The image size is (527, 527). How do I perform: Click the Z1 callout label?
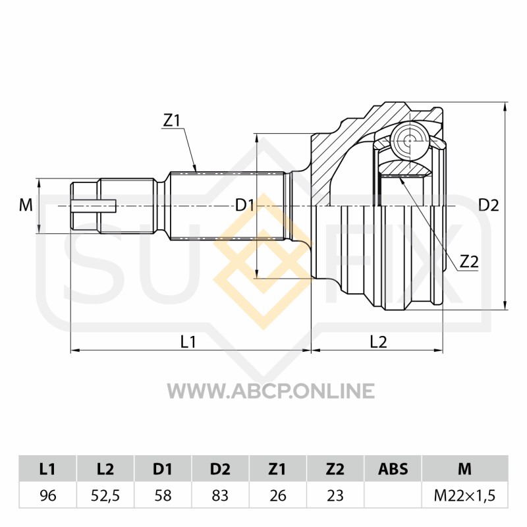[x=172, y=121]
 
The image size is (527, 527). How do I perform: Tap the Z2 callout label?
[x=469, y=261]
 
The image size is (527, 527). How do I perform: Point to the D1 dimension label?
[x=244, y=205]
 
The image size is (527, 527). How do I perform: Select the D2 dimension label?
[x=489, y=205]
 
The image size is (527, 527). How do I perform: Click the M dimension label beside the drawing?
[x=26, y=205]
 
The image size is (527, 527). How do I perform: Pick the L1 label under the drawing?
[x=188, y=342]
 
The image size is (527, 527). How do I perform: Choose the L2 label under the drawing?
[x=378, y=342]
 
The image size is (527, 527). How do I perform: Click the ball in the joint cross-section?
[x=410, y=140]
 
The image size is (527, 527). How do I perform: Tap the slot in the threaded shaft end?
[x=94, y=206]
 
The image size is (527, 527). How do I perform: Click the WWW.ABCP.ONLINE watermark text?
[x=271, y=391]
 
